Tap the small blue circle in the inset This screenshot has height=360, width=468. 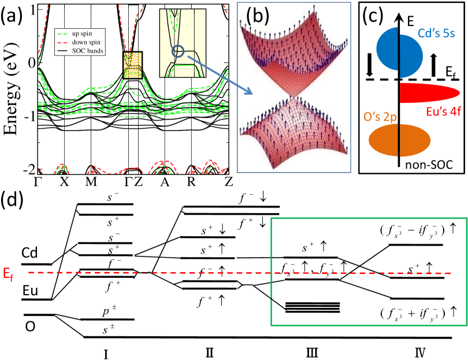(x=179, y=52)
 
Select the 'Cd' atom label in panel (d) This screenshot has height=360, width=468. (x=30, y=253)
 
